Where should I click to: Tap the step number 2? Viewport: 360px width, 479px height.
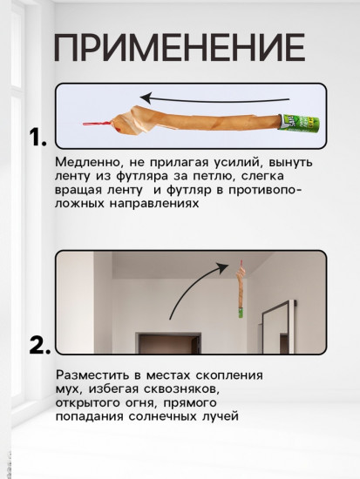(38, 345)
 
